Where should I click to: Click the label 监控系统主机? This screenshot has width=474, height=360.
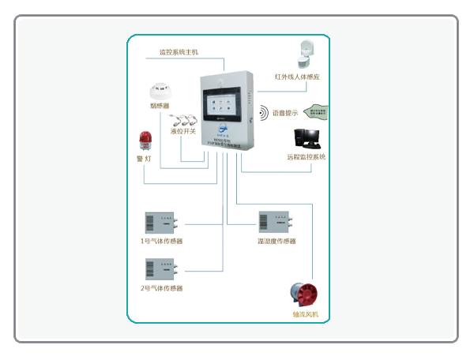coord(179,52)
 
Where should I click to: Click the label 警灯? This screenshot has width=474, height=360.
coord(144,158)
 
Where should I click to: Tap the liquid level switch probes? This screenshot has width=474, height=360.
coord(184,120)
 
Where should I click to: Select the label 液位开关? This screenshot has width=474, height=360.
coord(183,132)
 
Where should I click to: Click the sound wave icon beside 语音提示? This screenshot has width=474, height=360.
coord(263,112)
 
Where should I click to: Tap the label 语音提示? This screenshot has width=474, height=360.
coord(285,112)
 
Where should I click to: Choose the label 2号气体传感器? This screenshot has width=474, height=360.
coord(161,288)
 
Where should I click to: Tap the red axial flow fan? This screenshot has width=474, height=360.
coord(304,294)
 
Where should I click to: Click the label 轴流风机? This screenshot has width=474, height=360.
coord(305,315)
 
